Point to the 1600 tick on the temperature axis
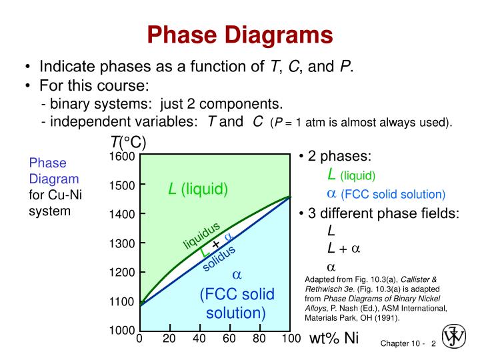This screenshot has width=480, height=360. pos(122,157)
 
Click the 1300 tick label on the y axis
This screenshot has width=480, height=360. pos(122,243)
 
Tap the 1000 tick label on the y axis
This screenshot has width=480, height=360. pos(122,331)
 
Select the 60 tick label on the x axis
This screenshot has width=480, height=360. pos(229,339)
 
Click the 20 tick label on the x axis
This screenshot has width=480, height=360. pos(169,339)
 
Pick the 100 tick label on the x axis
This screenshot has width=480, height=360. pos(291,339)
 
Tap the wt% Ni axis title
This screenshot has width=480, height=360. pos(334,338)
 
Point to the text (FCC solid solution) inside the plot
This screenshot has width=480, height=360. pos(236,303)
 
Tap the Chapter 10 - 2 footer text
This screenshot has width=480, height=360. pos(408,343)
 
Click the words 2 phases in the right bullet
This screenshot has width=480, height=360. pos(339,157)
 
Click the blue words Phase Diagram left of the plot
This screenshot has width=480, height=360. pos(53,171)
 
